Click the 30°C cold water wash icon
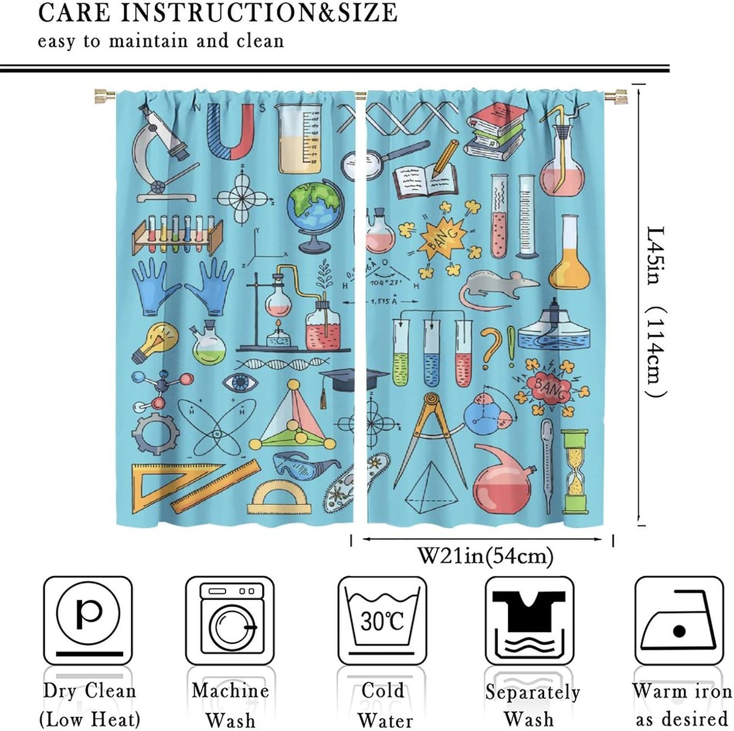pyautogui.click(x=382, y=619)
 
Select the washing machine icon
pyautogui.click(x=230, y=619)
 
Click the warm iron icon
pyautogui.click(x=678, y=619)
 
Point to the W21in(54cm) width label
pyautogui.click(x=484, y=556)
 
